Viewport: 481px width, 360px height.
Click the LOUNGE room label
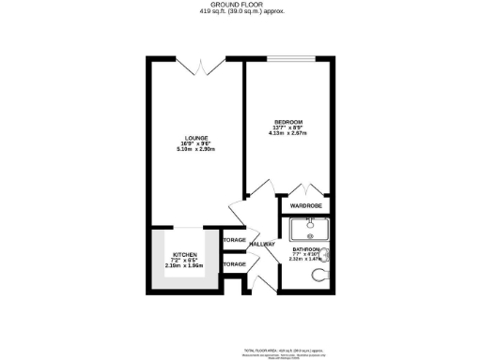coord(195,138)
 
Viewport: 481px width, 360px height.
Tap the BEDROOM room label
coord(288,122)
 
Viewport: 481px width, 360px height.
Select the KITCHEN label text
coord(183,255)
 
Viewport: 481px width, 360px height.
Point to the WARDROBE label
coord(306,205)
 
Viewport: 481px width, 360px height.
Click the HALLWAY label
coord(262,245)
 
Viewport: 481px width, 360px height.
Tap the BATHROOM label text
coord(306,248)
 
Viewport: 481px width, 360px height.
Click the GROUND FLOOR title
coord(240,6)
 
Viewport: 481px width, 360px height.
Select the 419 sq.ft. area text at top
coord(240,12)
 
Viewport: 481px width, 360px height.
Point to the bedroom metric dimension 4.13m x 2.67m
coord(288,134)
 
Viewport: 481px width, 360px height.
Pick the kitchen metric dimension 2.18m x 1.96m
coord(183,265)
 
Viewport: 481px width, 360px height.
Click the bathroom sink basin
coord(309,227)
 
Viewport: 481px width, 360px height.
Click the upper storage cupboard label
coord(235,240)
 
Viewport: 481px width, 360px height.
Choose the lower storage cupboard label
coord(235,264)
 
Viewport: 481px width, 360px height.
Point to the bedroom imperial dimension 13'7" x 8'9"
coord(288,128)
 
